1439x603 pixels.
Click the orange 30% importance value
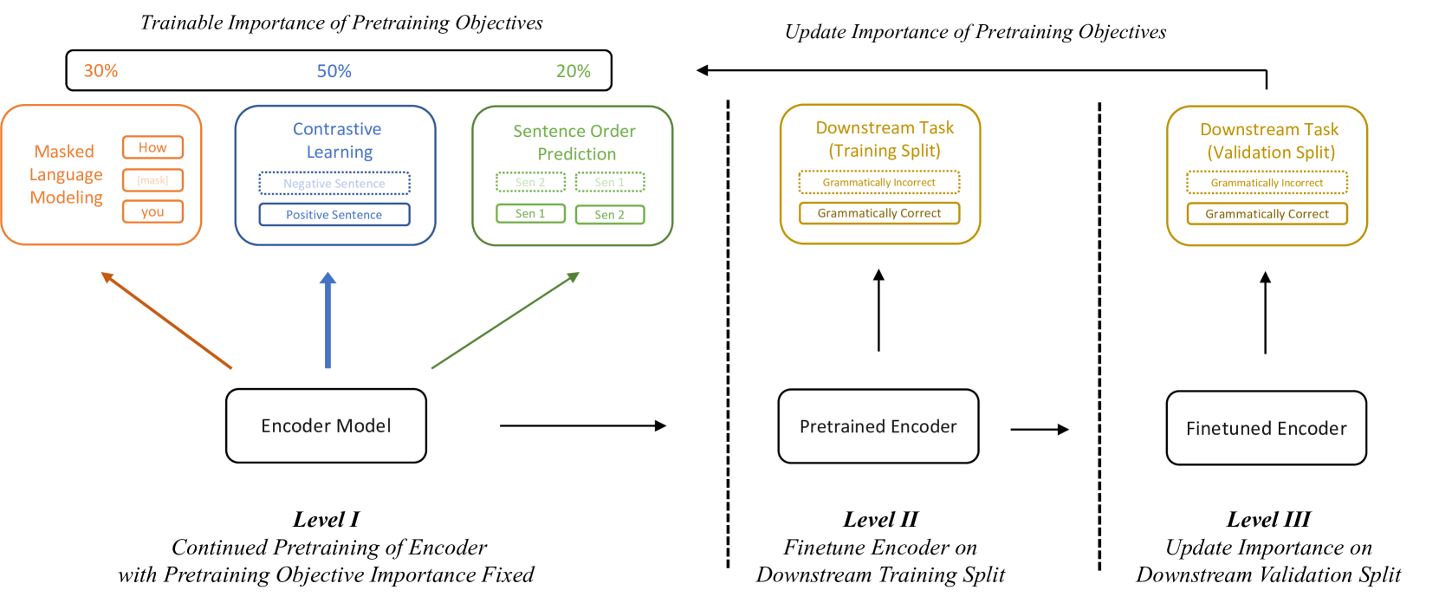click(x=100, y=71)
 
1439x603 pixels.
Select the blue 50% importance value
click(x=334, y=71)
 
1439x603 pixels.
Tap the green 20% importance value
click(x=573, y=71)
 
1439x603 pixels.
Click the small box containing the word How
click(x=152, y=147)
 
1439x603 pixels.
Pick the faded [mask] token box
click(x=152, y=180)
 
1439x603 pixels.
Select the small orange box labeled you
click(x=152, y=211)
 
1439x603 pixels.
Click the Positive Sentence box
click(x=334, y=214)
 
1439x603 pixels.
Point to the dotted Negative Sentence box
click(x=334, y=183)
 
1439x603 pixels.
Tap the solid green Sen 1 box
click(x=530, y=213)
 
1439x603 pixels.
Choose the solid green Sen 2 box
click(x=609, y=214)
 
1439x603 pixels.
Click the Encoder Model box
click(x=326, y=425)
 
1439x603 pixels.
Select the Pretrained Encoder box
click(x=878, y=426)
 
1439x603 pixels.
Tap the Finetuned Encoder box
click(x=1266, y=428)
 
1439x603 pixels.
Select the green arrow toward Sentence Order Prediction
click(x=505, y=320)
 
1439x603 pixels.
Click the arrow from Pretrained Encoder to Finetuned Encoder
click(x=1039, y=429)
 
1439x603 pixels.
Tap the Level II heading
click(x=880, y=519)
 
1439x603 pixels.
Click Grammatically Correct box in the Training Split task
click(x=878, y=213)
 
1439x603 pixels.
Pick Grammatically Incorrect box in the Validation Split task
click(x=1267, y=183)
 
